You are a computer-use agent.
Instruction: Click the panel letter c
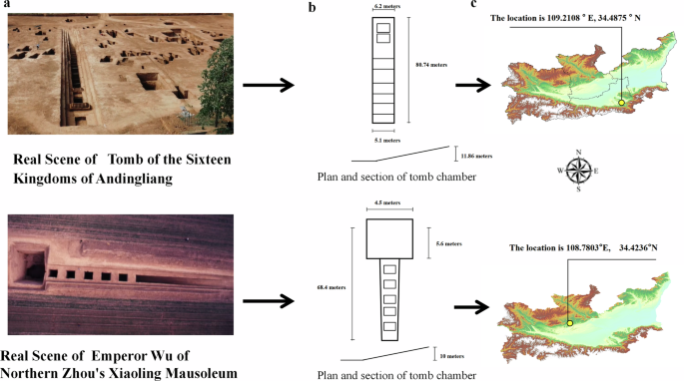(473, 6)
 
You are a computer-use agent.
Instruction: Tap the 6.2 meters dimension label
(383, 7)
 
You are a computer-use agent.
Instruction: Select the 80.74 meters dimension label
(429, 65)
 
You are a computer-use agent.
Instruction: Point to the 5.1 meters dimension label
(383, 140)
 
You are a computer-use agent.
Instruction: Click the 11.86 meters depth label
(476, 156)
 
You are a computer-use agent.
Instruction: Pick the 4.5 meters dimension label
(383, 204)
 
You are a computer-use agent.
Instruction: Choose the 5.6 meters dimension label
(449, 242)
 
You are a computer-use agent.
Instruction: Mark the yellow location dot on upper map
(621, 103)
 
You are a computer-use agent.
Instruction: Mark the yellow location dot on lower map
(569, 322)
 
